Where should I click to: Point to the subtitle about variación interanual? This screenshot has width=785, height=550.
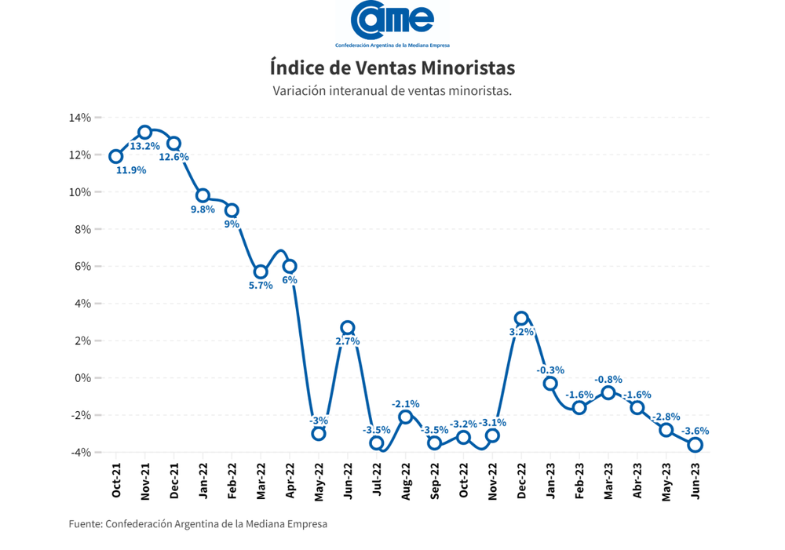pyautogui.click(x=392, y=91)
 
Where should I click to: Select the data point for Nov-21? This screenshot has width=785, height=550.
pyautogui.click(x=145, y=133)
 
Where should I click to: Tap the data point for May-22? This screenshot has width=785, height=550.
pyautogui.click(x=319, y=433)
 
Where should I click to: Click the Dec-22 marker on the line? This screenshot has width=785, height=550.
pyautogui.click(x=521, y=319)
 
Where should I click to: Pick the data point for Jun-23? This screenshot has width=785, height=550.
pyautogui.click(x=695, y=445)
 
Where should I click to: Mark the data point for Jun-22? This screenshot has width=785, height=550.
pyautogui.click(x=348, y=328)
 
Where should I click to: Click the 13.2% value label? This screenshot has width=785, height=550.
pyautogui.click(x=145, y=147)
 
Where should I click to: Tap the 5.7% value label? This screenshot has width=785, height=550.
pyautogui.click(x=261, y=286)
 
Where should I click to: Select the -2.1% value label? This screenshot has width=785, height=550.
pyautogui.click(x=406, y=403)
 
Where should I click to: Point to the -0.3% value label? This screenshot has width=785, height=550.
pyautogui.click(x=550, y=370)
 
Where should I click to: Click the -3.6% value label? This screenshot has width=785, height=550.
pyautogui.click(x=695, y=431)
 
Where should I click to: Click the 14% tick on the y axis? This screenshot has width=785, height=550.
pyautogui.click(x=81, y=118)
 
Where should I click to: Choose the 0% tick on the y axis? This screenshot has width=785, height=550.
pyautogui.click(x=83, y=378)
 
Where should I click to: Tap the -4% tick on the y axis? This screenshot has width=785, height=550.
pyautogui.click(x=81, y=453)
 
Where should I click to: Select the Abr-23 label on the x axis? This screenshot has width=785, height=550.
pyautogui.click(x=637, y=480)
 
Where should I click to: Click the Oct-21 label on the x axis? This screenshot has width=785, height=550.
pyautogui.click(x=116, y=480)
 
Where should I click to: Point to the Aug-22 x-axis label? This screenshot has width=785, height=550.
pyautogui.click(x=406, y=480)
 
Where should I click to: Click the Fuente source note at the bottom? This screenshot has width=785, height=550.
pyautogui.click(x=198, y=524)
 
